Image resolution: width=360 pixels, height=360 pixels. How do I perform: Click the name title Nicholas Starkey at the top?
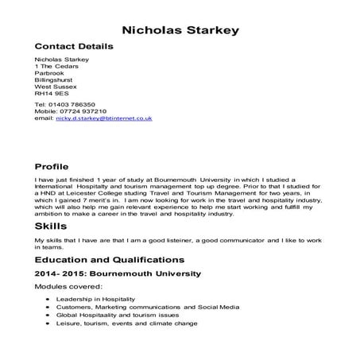pos(180,30)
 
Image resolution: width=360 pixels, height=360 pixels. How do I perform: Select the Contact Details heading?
pos(74,47)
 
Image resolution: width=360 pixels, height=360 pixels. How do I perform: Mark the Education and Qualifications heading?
pos(110,260)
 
